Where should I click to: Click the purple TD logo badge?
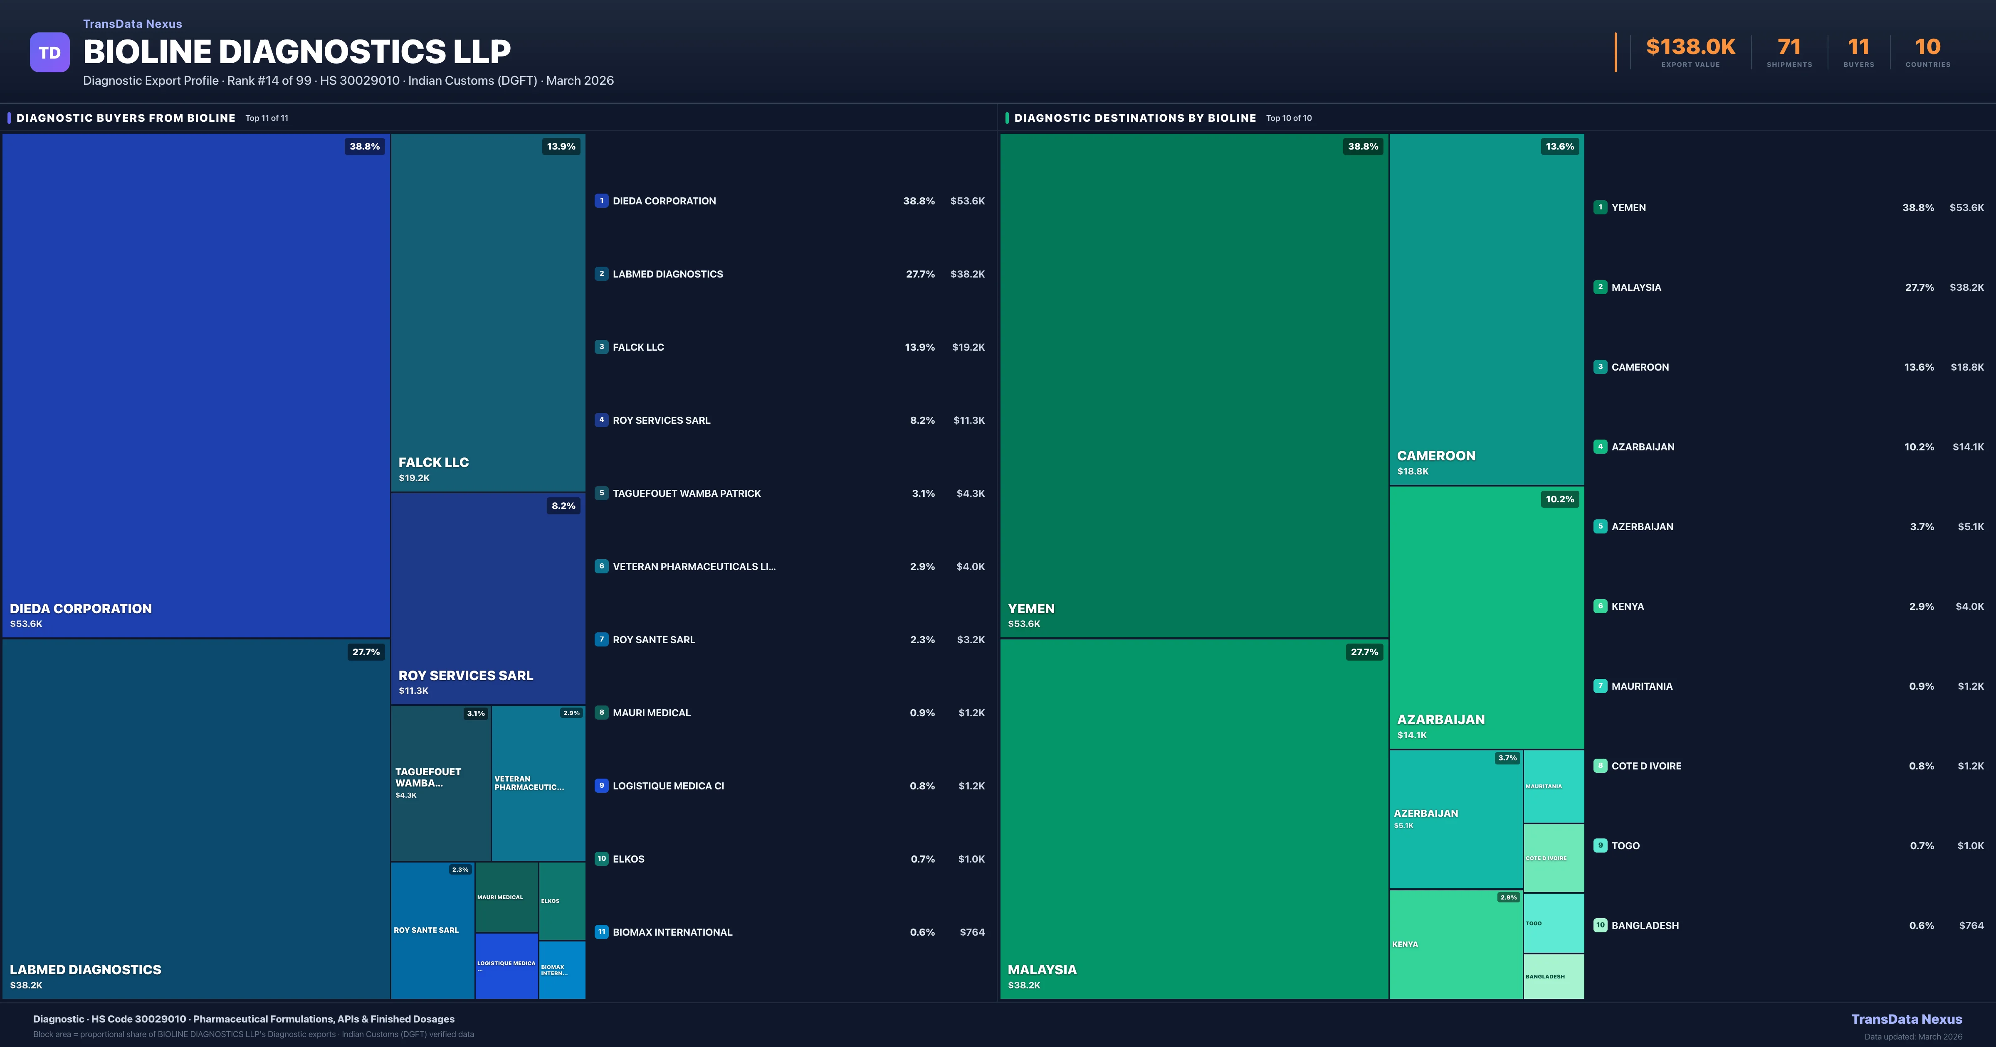[49, 53]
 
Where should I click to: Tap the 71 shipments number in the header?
[1788, 47]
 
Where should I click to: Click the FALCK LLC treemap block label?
[433, 462]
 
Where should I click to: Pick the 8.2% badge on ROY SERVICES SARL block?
[563, 506]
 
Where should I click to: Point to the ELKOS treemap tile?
[562, 901]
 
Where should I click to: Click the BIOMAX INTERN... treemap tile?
[562, 970]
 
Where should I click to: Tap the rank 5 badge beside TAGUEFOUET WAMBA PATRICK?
[601, 493]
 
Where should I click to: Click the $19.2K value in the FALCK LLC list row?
[968, 347]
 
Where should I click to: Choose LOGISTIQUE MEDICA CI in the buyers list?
[668, 786]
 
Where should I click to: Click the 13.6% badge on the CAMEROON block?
[1559, 146]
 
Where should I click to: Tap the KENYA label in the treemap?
[1405, 944]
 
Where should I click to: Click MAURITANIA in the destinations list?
[1641, 686]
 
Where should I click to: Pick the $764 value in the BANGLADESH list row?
[1971, 925]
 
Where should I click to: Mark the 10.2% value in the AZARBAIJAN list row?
[1919, 447]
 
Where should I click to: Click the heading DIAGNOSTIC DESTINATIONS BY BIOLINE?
[1134, 118]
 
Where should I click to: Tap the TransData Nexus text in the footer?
[1906, 1019]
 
